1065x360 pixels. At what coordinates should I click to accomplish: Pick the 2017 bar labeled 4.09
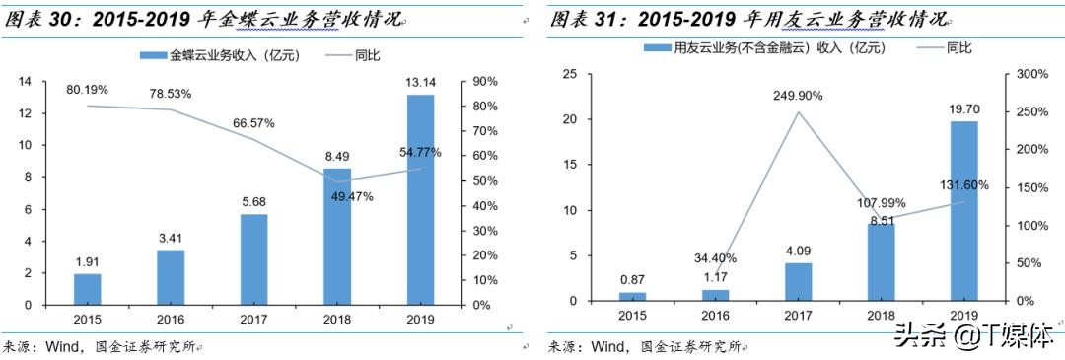point(799,281)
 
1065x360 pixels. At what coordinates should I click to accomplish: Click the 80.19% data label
point(87,90)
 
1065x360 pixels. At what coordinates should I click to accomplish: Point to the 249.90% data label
point(800,96)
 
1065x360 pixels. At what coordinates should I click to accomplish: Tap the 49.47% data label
point(338,196)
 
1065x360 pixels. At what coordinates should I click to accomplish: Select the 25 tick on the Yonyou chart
point(570,74)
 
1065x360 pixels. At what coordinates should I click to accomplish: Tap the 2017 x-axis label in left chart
point(253,319)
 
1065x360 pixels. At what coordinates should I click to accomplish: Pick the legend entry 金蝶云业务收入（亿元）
point(218,55)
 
